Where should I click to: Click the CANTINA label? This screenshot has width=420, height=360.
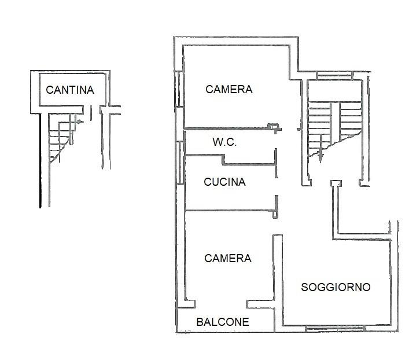click(x=69, y=90)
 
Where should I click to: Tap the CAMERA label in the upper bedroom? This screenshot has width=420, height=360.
click(x=229, y=89)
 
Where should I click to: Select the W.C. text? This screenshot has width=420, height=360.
click(x=224, y=142)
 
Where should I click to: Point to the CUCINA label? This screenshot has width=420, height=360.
click(x=224, y=182)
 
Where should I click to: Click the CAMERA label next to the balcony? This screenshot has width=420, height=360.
click(x=228, y=258)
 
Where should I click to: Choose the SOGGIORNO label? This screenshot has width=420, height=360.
click(x=336, y=287)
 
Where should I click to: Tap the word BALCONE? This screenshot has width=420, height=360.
click(x=223, y=322)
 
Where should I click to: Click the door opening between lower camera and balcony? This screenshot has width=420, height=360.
click(x=222, y=303)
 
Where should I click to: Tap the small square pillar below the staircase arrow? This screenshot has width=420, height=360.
click(x=334, y=183)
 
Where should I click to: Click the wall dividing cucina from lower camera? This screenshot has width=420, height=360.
click(x=229, y=210)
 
